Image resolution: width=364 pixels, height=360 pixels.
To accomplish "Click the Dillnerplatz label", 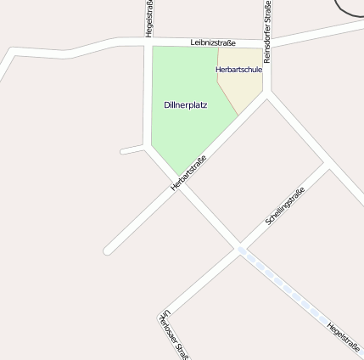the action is pyautogui.click(x=185, y=104).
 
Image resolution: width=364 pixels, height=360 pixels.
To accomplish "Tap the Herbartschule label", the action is pyautogui.click(x=238, y=70).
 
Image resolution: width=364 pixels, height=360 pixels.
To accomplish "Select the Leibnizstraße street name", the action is pyautogui.click(x=213, y=42).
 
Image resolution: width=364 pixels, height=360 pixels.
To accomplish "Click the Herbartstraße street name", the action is pyautogui.click(x=188, y=172).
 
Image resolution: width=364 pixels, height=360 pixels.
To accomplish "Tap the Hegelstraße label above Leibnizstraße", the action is pyautogui.click(x=149, y=19).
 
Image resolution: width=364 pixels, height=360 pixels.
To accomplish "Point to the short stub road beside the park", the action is pyautogui.click(x=132, y=150).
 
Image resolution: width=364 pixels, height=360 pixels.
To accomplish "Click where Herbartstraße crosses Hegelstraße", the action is pyautogui.click(x=179, y=182).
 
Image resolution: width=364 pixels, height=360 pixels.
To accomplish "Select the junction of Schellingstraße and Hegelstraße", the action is pyautogui.click(x=239, y=250).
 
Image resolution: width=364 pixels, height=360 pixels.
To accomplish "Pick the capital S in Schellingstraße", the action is pyautogui.click(x=268, y=222).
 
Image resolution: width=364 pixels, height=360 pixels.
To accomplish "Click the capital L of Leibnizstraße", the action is pyautogui.click(x=193, y=42).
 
